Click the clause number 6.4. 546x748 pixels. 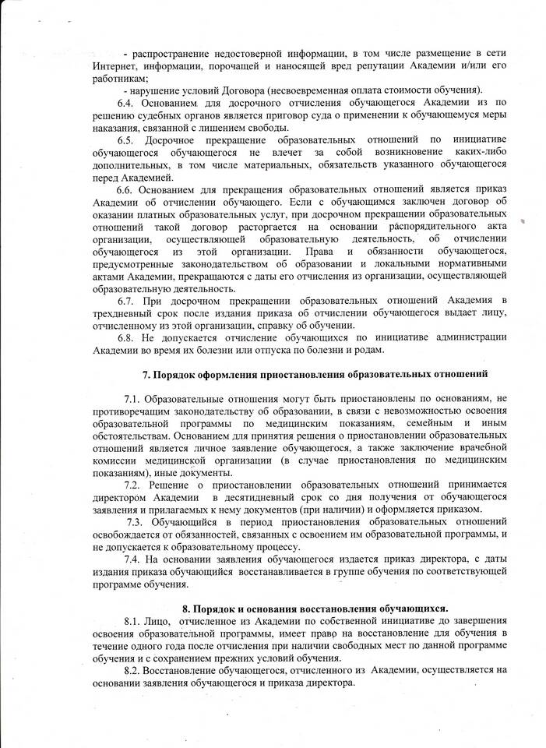pos(126,102)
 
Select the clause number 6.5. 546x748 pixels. pos(126,139)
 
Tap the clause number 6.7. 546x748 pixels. pos(126,300)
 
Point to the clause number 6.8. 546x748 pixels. pos(126,337)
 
